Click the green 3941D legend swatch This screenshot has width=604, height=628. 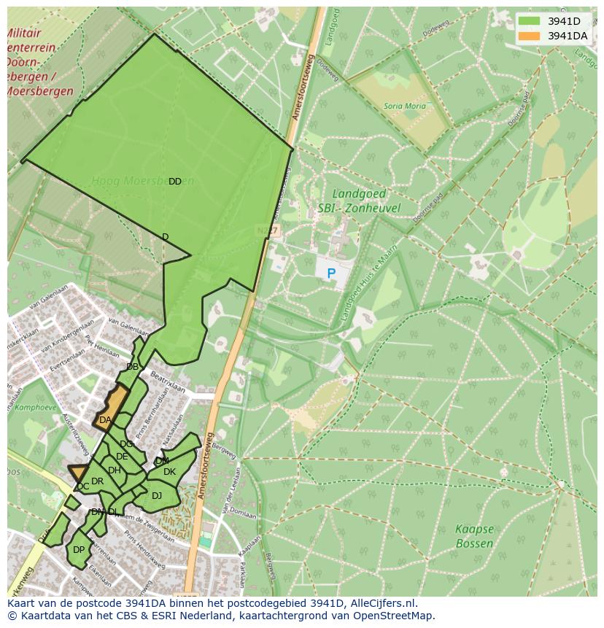click(x=530, y=21)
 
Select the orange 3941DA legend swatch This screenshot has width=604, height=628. click(x=530, y=36)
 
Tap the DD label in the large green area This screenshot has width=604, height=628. click(x=175, y=182)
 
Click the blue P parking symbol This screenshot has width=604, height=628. click(x=331, y=274)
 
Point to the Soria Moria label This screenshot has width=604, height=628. click(x=404, y=106)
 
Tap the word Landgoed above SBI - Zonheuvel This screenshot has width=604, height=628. click(x=360, y=194)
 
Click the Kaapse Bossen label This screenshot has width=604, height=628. click(x=474, y=536)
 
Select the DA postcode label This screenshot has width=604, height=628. click(x=105, y=420)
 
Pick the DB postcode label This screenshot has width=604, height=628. click(x=132, y=367)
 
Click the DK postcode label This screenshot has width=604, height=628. click(x=169, y=472)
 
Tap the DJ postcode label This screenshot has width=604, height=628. click(x=157, y=496)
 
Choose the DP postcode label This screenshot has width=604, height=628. click(x=79, y=550)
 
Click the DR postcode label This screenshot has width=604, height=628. click(x=97, y=481)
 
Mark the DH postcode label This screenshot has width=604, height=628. click(x=114, y=470)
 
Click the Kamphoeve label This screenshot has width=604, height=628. click(x=30, y=408)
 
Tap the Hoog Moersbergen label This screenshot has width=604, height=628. click(x=142, y=180)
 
